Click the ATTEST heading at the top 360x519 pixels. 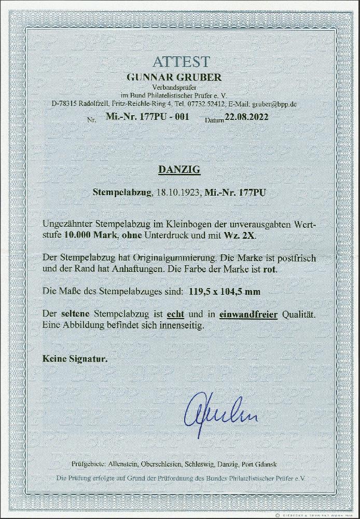(x=180, y=61)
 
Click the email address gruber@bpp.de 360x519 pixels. (x=283, y=104)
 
